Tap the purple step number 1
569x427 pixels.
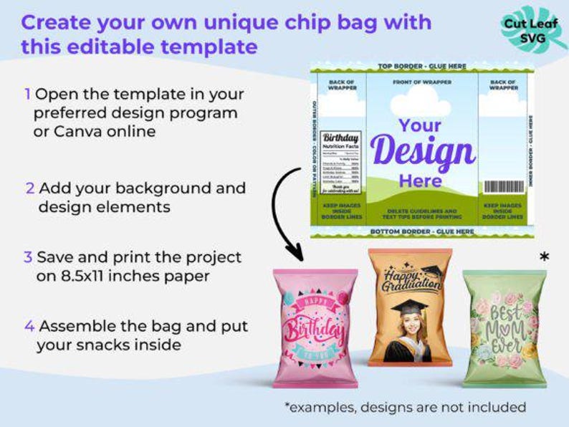pos(27,94)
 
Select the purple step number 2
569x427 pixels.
pos(29,188)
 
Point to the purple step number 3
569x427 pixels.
pos(28,257)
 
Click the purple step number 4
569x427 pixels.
pos(29,326)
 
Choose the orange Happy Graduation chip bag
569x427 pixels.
pos(410,308)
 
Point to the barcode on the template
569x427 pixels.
pos(504,186)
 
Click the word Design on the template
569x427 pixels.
pos(421,152)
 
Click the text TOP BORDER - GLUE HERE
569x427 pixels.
pos(422,67)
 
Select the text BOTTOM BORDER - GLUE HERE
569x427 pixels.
pos(422,231)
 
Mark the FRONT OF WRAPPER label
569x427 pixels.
pos(422,82)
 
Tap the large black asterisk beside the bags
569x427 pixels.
pos(545,256)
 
